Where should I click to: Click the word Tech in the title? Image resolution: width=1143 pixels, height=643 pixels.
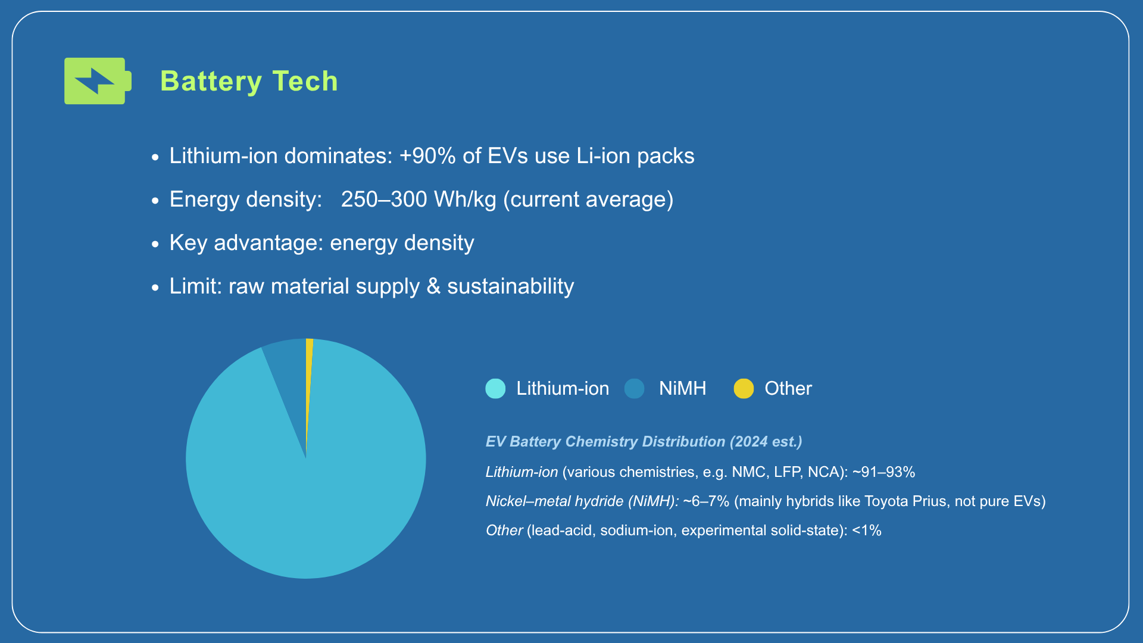pyautogui.click(x=305, y=81)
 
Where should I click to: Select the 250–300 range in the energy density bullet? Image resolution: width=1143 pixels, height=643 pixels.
pyautogui.click(x=384, y=199)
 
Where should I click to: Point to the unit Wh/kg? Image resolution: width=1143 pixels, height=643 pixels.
pyautogui.click(x=465, y=199)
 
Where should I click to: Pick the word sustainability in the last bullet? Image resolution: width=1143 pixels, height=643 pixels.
pyautogui.click(x=510, y=286)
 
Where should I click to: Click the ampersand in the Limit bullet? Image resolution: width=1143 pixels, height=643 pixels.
pyautogui.click(x=433, y=286)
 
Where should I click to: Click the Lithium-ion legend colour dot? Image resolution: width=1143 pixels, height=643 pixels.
pyautogui.click(x=495, y=389)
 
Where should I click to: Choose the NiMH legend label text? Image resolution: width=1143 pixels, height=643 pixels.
pyautogui.click(x=682, y=389)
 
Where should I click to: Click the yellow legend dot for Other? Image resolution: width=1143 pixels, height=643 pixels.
pyautogui.click(x=744, y=389)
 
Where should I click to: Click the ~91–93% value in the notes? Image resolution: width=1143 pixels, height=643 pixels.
pyautogui.click(x=883, y=472)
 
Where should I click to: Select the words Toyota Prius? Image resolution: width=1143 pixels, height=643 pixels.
pyautogui.click(x=905, y=501)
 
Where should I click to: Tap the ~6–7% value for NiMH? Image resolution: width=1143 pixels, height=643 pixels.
pyautogui.click(x=706, y=501)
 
